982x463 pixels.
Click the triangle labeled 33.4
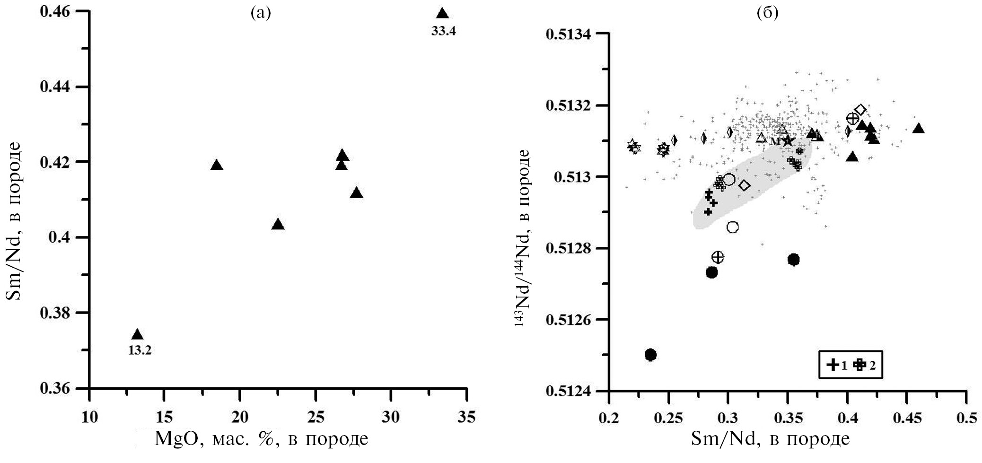[x=442, y=14]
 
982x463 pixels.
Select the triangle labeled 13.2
[x=137, y=334]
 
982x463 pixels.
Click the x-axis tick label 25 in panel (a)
[x=316, y=418]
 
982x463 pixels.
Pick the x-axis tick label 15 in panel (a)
[x=164, y=418]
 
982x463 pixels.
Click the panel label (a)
[x=261, y=13]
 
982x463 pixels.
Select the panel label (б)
[x=767, y=13]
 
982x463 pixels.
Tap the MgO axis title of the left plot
[x=261, y=439]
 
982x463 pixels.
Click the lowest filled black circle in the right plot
[x=650, y=355]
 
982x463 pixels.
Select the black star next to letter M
[x=787, y=140]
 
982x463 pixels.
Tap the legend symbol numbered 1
[x=833, y=365]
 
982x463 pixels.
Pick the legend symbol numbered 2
[x=859, y=365]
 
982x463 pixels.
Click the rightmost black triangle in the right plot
[x=919, y=129]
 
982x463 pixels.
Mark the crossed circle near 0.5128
[x=718, y=257]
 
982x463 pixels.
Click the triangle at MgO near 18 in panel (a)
[x=217, y=165]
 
